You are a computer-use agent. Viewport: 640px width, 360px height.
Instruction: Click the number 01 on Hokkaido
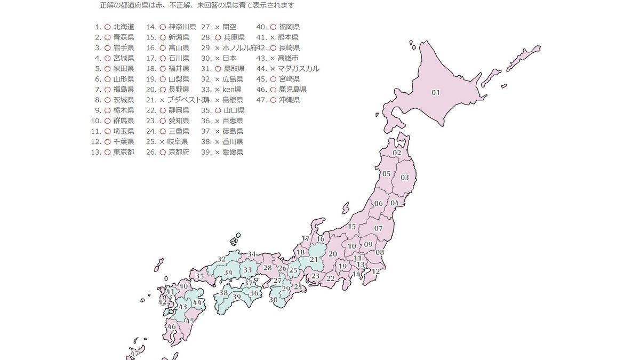pos(435,92)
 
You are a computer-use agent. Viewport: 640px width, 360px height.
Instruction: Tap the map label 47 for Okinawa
pos(134,354)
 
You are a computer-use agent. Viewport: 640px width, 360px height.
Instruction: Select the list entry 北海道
pos(124,27)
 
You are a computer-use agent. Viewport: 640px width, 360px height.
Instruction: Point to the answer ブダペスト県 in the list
pos(187,100)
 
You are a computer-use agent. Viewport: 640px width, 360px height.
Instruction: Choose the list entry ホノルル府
pos(239,47)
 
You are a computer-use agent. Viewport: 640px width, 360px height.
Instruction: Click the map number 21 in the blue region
pos(314,260)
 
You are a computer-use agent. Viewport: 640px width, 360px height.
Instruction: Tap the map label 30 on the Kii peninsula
pos(274,300)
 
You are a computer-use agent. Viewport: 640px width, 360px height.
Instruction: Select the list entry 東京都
pos(124,152)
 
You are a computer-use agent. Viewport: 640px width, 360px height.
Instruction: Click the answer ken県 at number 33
pos(232,89)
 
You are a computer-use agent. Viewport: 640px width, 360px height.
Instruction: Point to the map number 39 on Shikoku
pos(237,297)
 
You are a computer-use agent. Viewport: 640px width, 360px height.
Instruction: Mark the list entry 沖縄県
pos(289,100)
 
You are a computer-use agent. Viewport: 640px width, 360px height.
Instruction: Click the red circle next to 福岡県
pos(273,27)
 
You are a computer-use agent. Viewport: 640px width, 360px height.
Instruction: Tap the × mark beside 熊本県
pos(273,37)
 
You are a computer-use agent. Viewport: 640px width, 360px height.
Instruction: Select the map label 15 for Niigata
pos(352,227)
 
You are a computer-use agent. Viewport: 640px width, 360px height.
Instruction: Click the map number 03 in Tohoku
pos(405,178)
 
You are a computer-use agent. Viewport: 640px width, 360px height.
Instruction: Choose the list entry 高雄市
pos(289,58)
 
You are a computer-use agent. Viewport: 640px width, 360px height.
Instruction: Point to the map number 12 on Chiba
pos(375,271)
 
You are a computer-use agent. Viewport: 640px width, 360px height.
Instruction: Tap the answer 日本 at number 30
pos(229,58)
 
